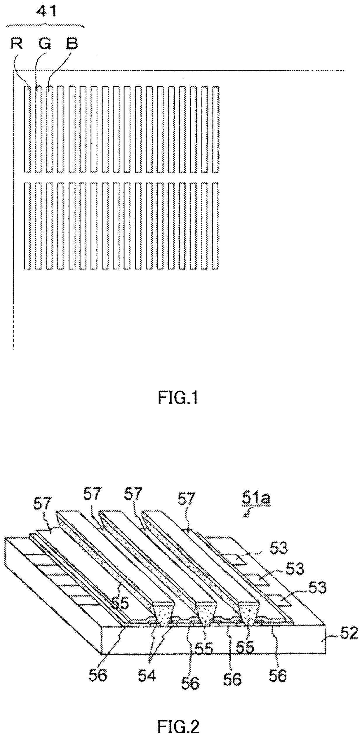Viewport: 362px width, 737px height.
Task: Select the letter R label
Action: coord(17,44)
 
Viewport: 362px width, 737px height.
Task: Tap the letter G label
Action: coord(44,44)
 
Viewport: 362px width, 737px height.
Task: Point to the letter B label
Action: coord(72,44)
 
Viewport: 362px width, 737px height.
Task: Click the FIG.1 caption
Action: coord(178,397)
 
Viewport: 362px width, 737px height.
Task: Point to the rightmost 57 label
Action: coord(186,498)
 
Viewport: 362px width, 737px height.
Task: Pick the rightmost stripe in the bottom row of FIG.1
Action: coord(216,225)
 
